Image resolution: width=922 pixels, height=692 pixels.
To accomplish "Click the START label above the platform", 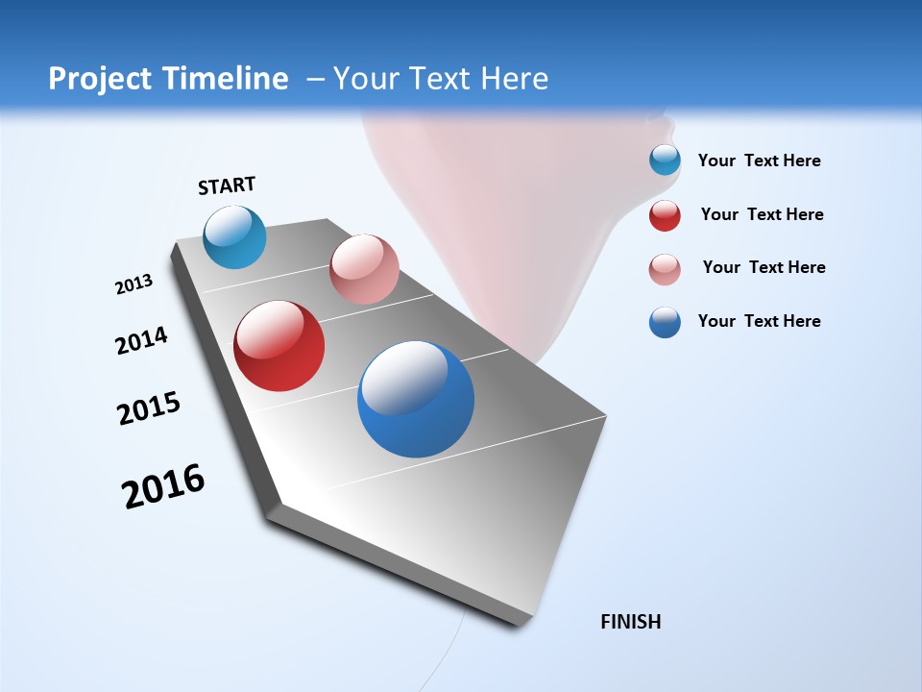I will pos(227,185).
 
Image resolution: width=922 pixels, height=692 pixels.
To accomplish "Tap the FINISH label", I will pos(630,622).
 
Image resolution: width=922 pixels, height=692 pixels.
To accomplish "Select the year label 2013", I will pos(133,284).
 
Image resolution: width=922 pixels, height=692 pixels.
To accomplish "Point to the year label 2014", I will pos(141,340).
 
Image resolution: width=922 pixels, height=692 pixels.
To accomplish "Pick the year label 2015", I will pos(149,408).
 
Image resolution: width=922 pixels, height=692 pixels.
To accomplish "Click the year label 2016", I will pos(163,486).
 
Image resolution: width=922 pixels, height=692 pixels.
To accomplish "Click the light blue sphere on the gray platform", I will pos(234,236).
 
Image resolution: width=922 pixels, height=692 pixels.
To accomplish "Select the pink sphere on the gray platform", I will pos(364,269).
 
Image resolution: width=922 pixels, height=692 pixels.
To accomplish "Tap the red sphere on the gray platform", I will pos(279,346).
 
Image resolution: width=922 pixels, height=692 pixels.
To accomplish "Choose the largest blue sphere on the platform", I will pos(416,399).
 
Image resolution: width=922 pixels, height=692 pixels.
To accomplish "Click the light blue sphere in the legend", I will pos(665,161).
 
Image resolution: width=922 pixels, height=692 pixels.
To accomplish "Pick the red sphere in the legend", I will pos(665,215).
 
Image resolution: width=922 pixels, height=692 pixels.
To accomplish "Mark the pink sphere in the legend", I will pos(665,269).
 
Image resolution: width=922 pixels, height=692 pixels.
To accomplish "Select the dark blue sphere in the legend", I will pos(665,322).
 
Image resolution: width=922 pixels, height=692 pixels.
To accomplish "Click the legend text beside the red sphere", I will pos(762,214).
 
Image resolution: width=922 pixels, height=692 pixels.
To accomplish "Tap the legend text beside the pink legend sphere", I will pos(764,267).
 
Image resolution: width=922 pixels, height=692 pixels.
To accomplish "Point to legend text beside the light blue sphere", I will pos(759,161).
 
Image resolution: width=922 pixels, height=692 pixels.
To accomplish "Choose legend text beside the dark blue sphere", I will pos(759,321).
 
